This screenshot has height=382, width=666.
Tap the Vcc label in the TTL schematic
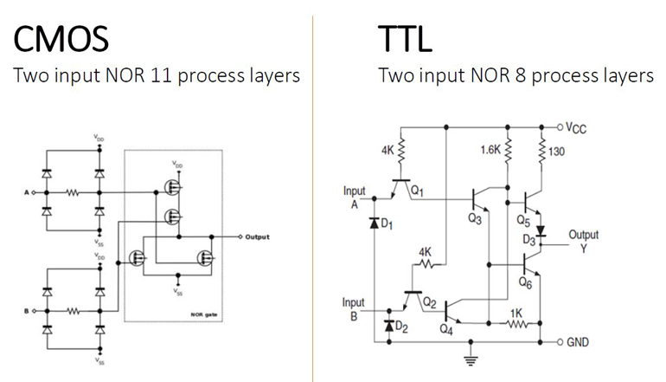[x=575, y=127]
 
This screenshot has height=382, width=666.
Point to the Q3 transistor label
[x=474, y=218]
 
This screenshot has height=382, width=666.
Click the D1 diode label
[x=387, y=225]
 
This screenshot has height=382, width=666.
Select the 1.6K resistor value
[x=490, y=150]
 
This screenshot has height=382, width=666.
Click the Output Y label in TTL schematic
[x=583, y=241]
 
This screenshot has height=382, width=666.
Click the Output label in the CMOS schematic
[x=257, y=236]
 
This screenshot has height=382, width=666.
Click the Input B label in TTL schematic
[x=355, y=308]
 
